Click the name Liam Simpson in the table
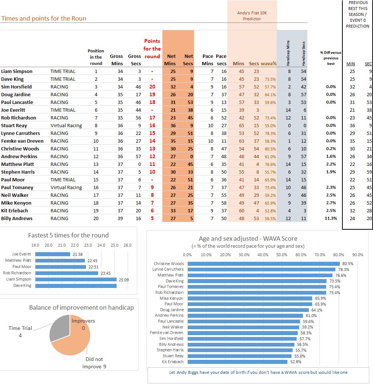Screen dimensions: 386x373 click(17, 72)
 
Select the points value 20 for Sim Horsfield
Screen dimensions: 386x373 click(152, 87)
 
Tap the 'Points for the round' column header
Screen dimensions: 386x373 click(152, 49)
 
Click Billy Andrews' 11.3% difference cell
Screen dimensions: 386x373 click(331, 219)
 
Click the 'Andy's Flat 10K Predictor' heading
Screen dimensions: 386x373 click(252, 16)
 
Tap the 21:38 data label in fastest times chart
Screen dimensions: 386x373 click(76, 254)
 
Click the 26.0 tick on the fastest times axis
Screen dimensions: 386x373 click(127, 245)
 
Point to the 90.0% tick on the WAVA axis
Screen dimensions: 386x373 click(358, 255)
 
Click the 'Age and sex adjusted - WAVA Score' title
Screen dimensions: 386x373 click(248, 239)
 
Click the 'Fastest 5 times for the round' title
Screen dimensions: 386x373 click(68, 236)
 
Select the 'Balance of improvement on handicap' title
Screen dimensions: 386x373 click(81, 307)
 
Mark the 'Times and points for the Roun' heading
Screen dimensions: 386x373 click(44, 18)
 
